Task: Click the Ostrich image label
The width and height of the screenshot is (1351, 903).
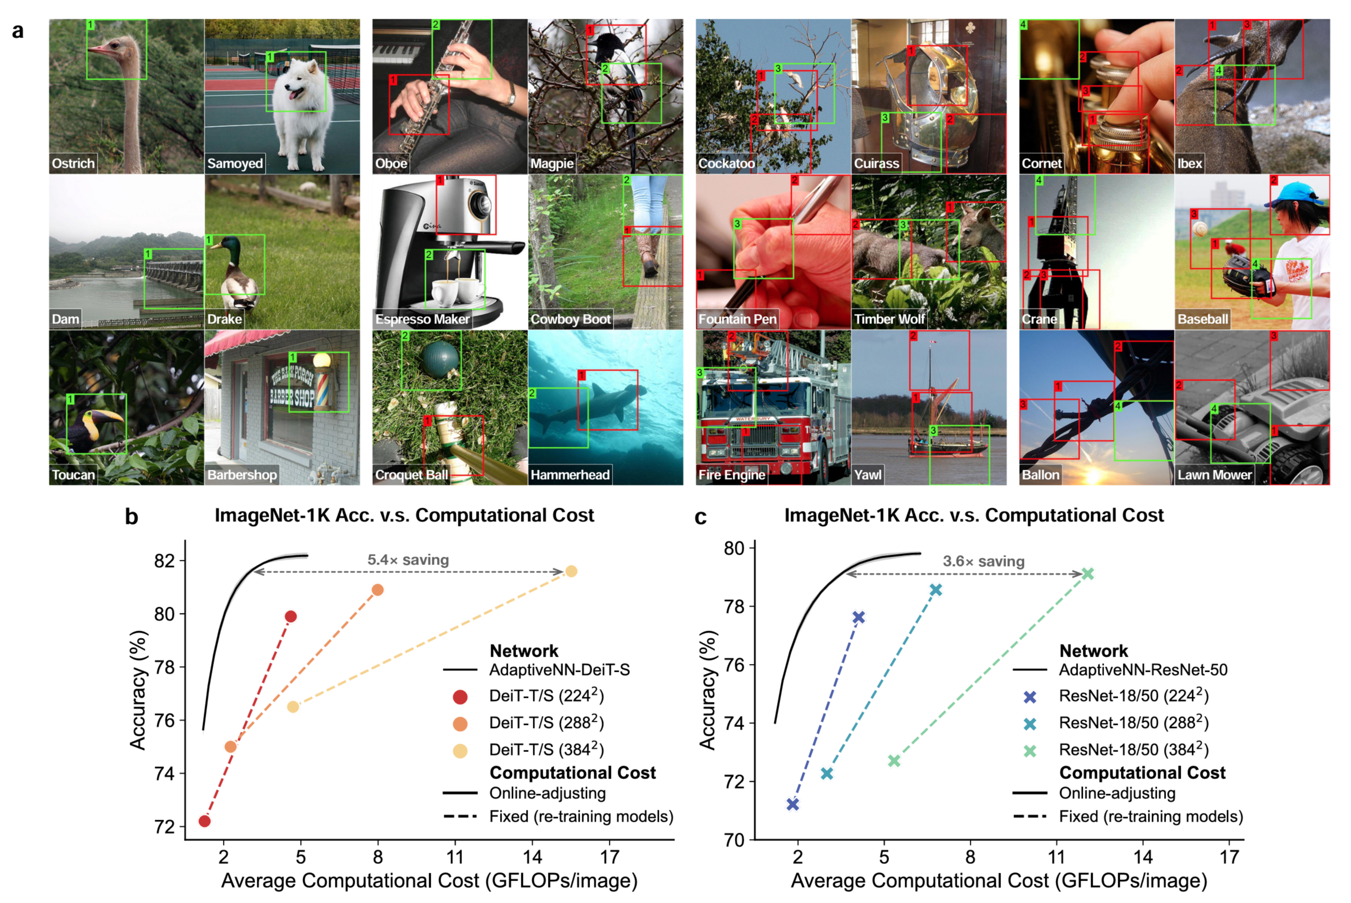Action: coord(73,164)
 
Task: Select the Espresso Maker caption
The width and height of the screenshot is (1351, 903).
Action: coord(422,319)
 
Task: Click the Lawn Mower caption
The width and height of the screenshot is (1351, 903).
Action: coord(1215,475)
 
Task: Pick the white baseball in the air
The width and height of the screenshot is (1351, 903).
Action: coord(1200,229)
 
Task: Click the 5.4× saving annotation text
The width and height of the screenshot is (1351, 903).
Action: coord(408,560)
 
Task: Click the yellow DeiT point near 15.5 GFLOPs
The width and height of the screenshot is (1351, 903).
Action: coord(571,571)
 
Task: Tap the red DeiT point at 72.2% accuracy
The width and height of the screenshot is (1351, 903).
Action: coord(205,821)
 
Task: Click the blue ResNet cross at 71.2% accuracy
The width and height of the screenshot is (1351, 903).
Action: coord(793,805)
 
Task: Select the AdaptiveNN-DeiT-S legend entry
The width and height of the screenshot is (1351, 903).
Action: coord(559,670)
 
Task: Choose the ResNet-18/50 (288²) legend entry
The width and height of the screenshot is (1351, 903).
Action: coord(1133,723)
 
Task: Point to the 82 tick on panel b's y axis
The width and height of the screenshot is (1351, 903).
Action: coord(164,561)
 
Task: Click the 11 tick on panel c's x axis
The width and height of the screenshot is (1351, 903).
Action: coord(1056,858)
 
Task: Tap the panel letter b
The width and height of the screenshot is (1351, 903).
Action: coord(132,517)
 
